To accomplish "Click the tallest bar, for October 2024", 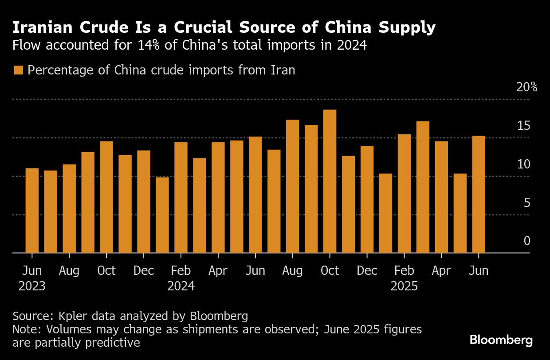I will coord(330,181).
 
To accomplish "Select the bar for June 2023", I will coord(32,211).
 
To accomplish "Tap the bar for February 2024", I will coord(181,197).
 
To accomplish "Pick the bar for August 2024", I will coord(292,186).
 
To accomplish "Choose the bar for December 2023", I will coord(144,202).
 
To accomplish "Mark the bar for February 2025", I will coord(404,194).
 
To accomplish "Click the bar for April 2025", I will coord(441,197).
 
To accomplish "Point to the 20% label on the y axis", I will coord(526,87).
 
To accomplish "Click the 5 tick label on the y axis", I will coord(526,203).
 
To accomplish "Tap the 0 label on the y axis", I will coord(526,241).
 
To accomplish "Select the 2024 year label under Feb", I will coord(181,286).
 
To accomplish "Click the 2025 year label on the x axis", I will coord(404,286).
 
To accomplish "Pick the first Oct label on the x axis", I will coord(106,270).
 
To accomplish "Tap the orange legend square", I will coord(18,70).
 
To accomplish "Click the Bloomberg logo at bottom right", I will coord(501,340).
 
